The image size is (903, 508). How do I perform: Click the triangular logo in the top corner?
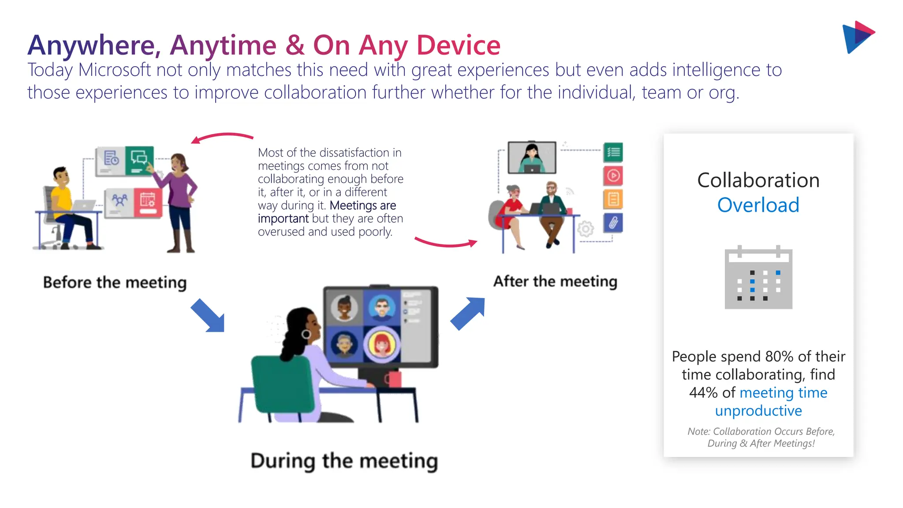tap(858, 37)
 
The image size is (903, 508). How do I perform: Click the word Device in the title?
tap(459, 45)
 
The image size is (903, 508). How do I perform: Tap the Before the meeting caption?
tap(115, 282)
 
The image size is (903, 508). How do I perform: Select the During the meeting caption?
tap(344, 461)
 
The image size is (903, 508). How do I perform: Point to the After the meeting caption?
tap(555, 281)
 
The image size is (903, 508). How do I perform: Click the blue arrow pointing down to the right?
tap(208, 315)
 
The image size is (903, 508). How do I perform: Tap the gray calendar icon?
tap(758, 278)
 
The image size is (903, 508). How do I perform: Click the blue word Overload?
tap(758, 205)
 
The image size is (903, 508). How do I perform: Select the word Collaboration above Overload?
tap(758, 180)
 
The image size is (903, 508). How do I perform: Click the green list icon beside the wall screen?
tap(613, 153)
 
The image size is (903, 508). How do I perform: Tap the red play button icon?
tap(613, 176)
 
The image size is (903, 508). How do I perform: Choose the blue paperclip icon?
tap(613, 223)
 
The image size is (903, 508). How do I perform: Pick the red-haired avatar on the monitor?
tap(382, 344)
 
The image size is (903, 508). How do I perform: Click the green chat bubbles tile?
tap(139, 160)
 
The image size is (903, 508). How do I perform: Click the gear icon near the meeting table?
tap(586, 229)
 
